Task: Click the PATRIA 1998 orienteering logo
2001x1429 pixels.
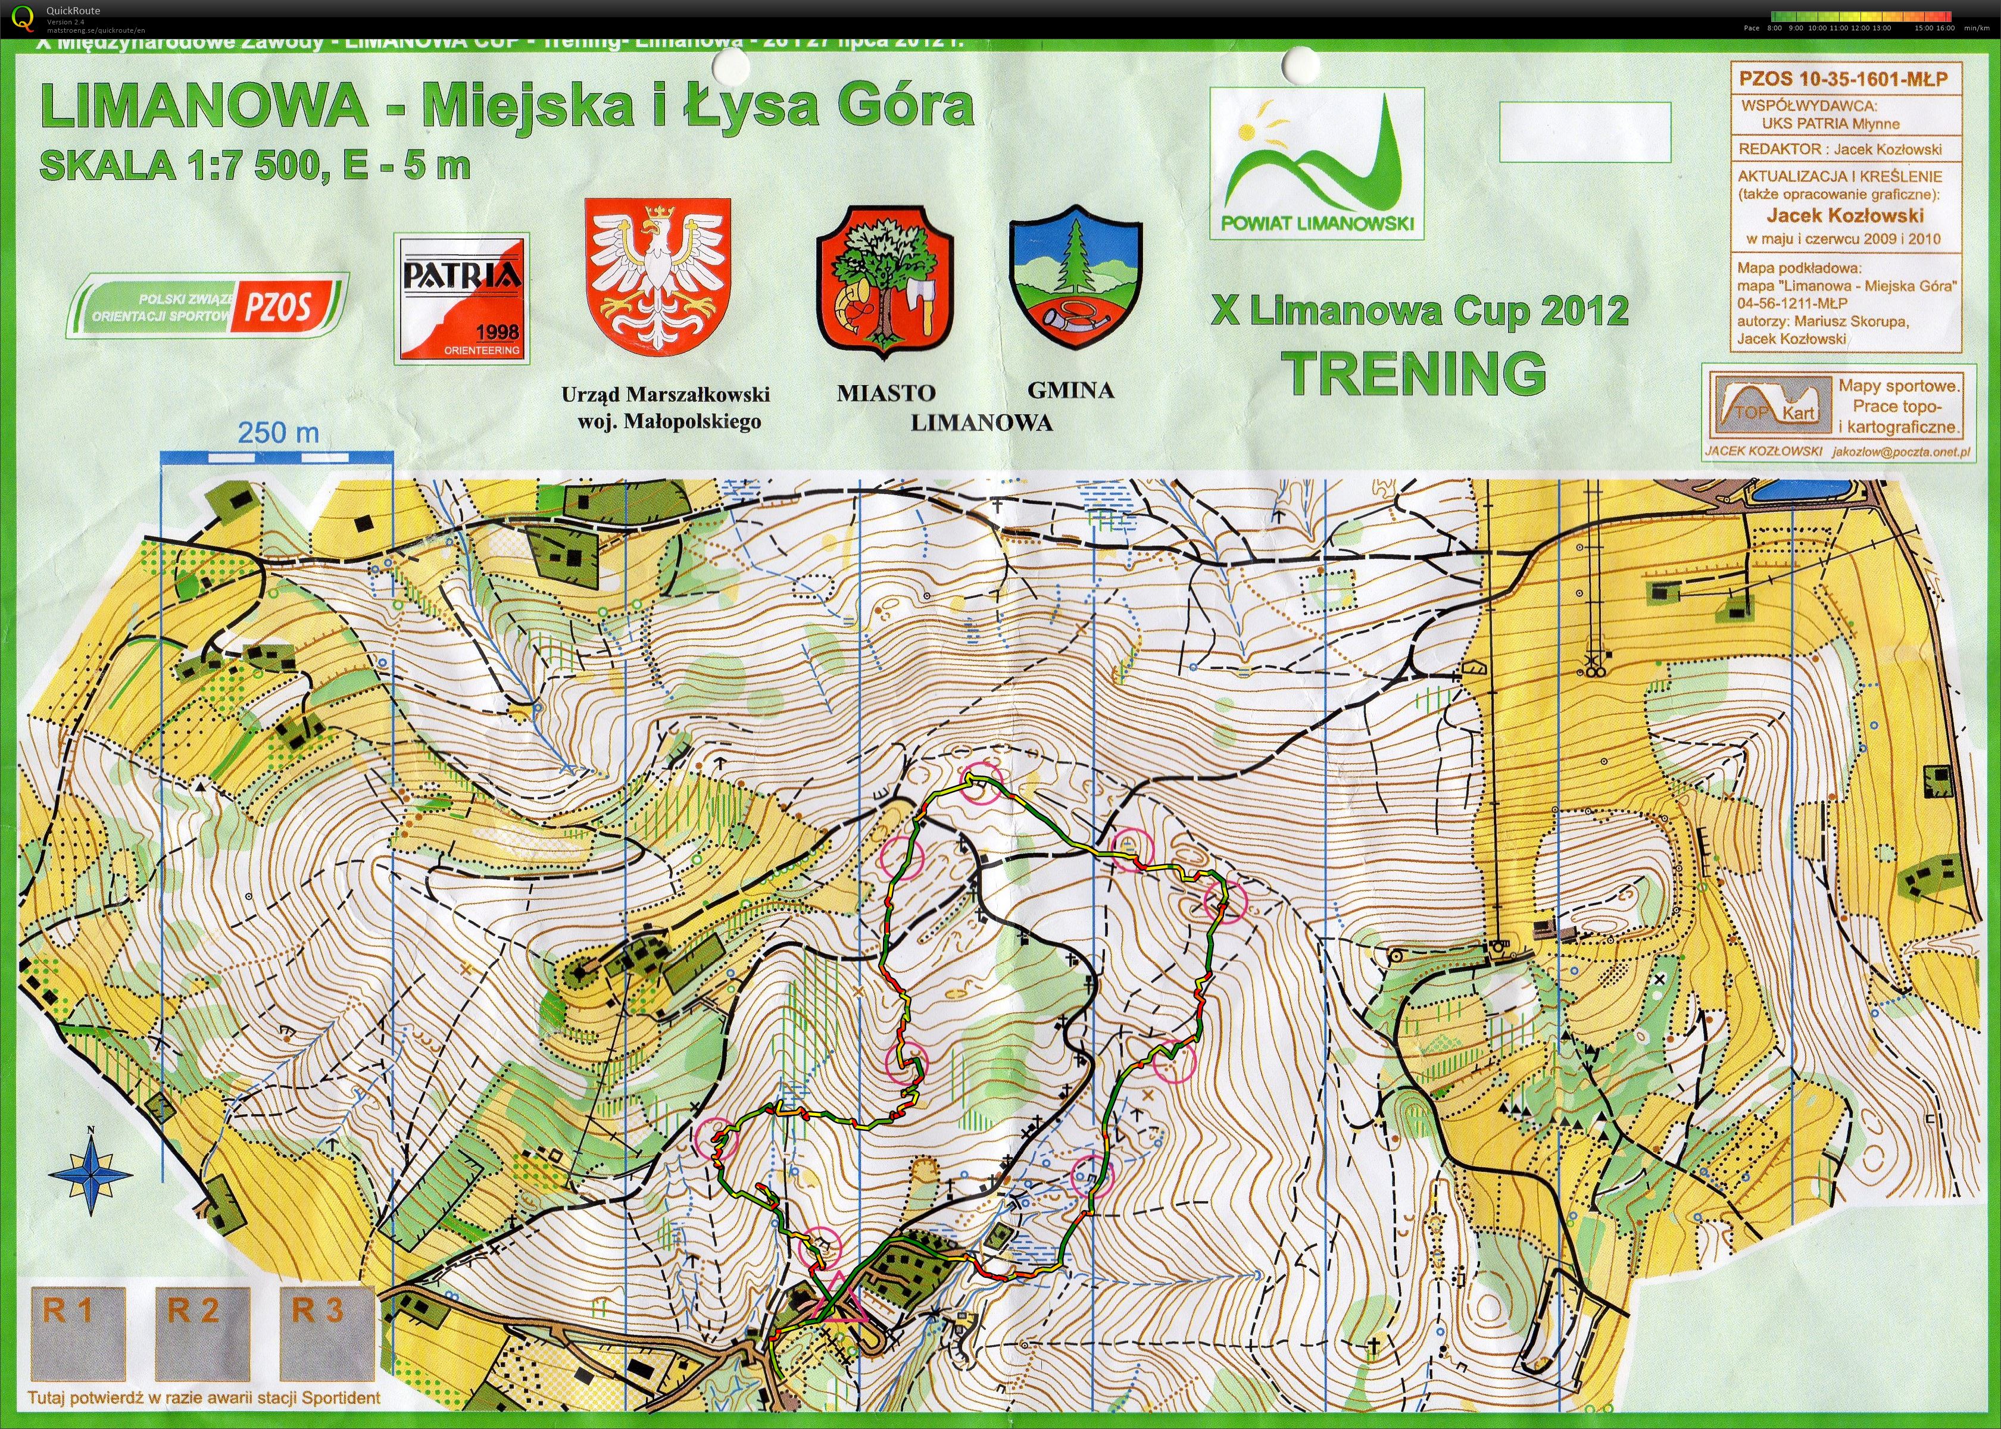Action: pyautogui.click(x=461, y=298)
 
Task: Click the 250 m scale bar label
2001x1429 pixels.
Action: pyautogui.click(x=278, y=433)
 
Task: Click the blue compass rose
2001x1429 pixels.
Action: pyautogui.click(x=90, y=1174)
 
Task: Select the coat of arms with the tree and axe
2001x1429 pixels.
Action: pyautogui.click(x=885, y=282)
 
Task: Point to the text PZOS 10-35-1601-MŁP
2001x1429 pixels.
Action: pyautogui.click(x=1843, y=79)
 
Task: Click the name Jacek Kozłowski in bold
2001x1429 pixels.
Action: pyautogui.click(x=1843, y=215)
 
